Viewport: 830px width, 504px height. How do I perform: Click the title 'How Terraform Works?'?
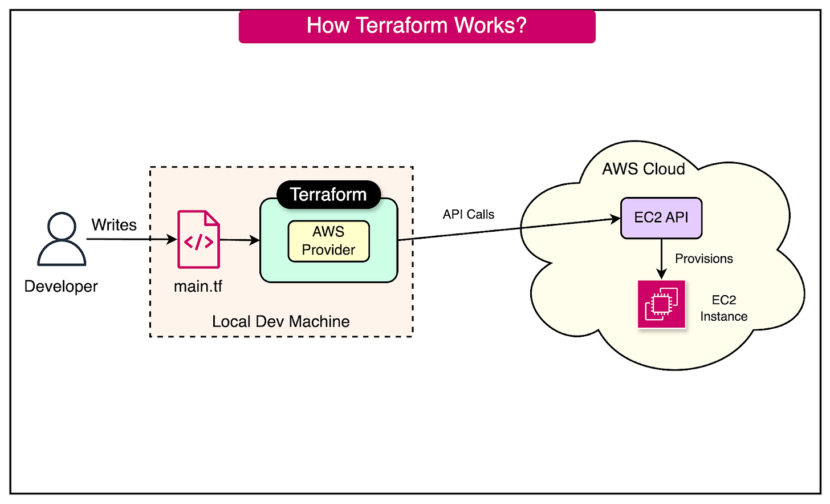(x=417, y=26)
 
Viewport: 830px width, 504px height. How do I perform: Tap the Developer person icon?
(x=62, y=239)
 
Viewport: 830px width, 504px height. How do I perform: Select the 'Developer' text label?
(x=61, y=286)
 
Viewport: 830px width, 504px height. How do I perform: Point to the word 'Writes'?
(x=114, y=225)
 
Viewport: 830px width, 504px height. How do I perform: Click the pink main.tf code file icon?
(x=198, y=239)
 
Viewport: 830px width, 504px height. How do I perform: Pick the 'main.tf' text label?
(x=198, y=286)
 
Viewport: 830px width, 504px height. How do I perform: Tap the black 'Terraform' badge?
(x=328, y=195)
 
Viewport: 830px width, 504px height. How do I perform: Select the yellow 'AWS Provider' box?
(x=328, y=241)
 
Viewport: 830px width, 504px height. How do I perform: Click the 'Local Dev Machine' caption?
(x=280, y=321)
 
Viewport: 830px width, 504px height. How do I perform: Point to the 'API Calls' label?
(x=469, y=215)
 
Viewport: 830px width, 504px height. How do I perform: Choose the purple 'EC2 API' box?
(x=661, y=217)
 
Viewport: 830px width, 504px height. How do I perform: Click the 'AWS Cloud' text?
(x=644, y=169)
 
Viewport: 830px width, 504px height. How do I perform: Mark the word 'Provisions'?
(x=704, y=259)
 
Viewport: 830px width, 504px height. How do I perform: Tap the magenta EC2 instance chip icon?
(x=661, y=304)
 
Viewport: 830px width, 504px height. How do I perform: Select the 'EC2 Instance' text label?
(x=723, y=308)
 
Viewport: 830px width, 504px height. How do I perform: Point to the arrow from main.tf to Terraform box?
(x=239, y=240)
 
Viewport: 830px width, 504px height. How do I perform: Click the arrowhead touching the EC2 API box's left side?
(x=616, y=219)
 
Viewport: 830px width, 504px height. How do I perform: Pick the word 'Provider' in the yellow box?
(x=328, y=250)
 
